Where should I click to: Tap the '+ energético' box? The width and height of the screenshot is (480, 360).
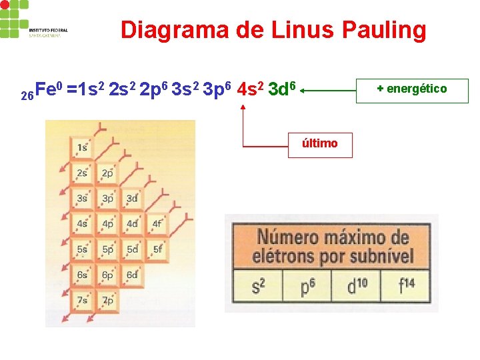point(412,89)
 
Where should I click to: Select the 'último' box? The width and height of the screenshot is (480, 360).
point(320,143)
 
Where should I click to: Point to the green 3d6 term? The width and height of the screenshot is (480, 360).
point(281,89)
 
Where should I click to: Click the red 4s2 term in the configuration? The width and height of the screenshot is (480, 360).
point(250,89)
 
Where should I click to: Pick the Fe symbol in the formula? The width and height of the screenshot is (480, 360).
point(45,89)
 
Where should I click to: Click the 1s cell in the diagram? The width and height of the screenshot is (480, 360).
point(82,147)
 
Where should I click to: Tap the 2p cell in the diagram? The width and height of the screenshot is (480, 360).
point(107,173)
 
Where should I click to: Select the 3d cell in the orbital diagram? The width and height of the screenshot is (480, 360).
point(132,199)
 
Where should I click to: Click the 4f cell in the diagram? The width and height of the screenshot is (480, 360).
point(157,224)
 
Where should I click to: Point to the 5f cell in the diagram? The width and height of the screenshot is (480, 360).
point(157,249)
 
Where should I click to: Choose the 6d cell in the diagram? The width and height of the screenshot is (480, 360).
point(132,275)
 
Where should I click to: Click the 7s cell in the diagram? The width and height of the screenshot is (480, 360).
point(82,300)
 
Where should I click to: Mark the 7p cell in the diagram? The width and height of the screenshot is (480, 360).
point(107,300)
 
